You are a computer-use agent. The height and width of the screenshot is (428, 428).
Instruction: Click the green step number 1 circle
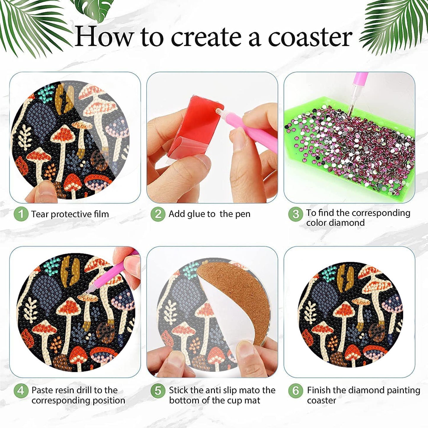pos(21,214)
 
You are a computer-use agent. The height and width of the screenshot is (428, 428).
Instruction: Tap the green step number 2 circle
pos(158,214)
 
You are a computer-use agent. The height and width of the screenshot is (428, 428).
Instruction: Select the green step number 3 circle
pos(295,214)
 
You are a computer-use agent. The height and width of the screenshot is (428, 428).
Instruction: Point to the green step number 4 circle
pos(21,391)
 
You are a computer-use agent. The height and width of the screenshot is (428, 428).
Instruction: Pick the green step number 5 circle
pos(158,391)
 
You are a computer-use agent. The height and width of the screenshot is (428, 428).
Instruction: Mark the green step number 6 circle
pos(295,391)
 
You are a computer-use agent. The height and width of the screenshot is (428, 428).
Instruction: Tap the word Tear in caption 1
pos(40,214)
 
